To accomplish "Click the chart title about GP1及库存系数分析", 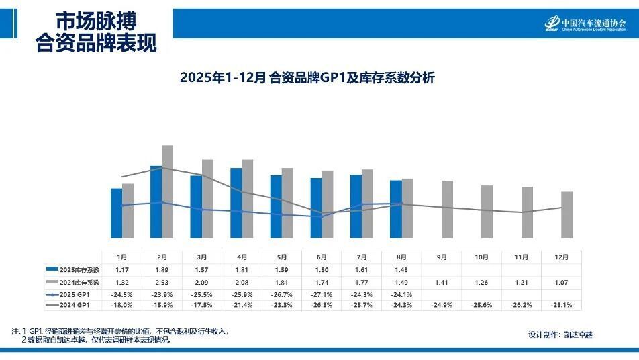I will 307,77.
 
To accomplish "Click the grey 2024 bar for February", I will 167,191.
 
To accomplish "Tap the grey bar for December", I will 567,214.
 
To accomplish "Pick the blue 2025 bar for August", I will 396,209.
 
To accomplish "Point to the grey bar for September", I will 447,209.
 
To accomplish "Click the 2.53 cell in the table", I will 162,281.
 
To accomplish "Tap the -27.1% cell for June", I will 322,294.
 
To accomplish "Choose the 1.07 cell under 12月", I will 562,281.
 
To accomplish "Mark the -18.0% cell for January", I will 121,306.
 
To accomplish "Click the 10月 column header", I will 481,257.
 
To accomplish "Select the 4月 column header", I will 242,257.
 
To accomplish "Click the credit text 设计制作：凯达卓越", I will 560,334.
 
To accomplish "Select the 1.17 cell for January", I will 121,269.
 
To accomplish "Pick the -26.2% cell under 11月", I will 522,306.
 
